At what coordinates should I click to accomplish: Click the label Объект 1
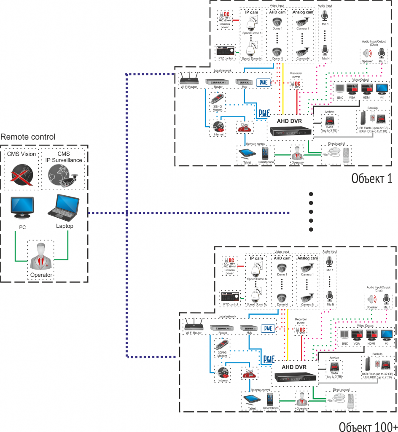click(372, 178)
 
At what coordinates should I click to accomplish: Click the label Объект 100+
click(368, 425)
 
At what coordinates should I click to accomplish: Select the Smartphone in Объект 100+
click(270, 399)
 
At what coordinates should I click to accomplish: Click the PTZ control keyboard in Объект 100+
click(230, 297)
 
